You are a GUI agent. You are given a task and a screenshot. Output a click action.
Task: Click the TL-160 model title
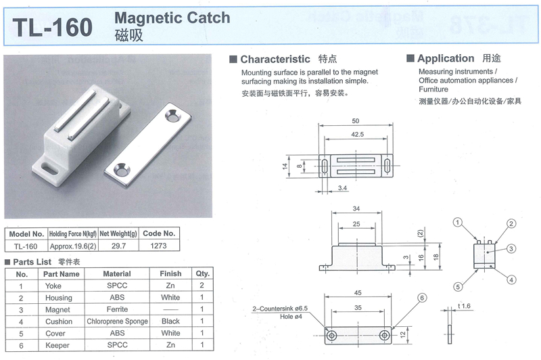pyautogui.click(x=52, y=26)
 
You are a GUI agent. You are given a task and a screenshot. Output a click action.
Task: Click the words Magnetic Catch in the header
pyautogui.click(x=172, y=18)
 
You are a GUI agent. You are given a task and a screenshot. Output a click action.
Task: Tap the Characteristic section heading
pyautogui.click(x=275, y=59)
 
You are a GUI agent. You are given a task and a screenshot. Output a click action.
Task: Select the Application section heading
pyautogui.click(x=446, y=59)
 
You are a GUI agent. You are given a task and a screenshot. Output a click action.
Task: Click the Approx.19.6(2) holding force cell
pyautogui.click(x=71, y=246)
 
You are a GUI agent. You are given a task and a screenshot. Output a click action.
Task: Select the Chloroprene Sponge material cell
pyautogui.click(x=116, y=321)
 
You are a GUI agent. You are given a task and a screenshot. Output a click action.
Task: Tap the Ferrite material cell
pyautogui.click(x=116, y=309)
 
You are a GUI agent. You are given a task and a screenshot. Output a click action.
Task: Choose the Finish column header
pyautogui.click(x=170, y=273)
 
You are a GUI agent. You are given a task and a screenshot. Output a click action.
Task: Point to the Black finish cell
pyautogui.click(x=170, y=321)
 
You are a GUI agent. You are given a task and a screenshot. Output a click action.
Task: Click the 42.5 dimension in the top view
pyautogui.click(x=356, y=135)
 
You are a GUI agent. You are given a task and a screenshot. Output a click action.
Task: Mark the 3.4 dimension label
pyautogui.click(x=342, y=187)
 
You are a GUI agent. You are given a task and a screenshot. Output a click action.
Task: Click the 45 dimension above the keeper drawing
pyautogui.click(x=356, y=293)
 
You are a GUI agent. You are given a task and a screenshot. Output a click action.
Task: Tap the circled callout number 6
pyautogui.click(x=421, y=298)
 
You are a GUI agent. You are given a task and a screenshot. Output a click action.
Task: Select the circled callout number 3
pyautogui.click(x=512, y=248)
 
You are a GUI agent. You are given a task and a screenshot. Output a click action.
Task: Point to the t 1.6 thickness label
pyautogui.click(x=463, y=306)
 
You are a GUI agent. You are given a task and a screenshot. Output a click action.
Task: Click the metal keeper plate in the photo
pyautogui.click(x=148, y=141)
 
